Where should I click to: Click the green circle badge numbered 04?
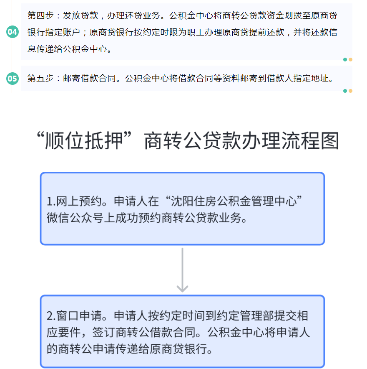(13, 32)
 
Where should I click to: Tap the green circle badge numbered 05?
(13, 79)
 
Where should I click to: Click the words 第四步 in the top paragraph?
(40, 15)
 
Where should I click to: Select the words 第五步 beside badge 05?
(40, 78)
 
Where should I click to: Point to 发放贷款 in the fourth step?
(80, 15)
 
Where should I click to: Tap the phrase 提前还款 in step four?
(267, 32)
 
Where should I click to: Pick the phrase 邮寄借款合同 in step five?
(90, 78)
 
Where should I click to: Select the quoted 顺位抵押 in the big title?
(84, 140)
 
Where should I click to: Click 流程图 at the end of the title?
(310, 140)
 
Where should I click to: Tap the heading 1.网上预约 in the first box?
(74, 201)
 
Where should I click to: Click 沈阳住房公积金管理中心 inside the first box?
(234, 201)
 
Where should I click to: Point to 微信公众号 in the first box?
(75, 218)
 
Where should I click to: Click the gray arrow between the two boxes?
(182, 270)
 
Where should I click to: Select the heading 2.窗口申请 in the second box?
(74, 316)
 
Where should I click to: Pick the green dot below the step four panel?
(345, 59)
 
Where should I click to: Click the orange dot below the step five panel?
(350, 91)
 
